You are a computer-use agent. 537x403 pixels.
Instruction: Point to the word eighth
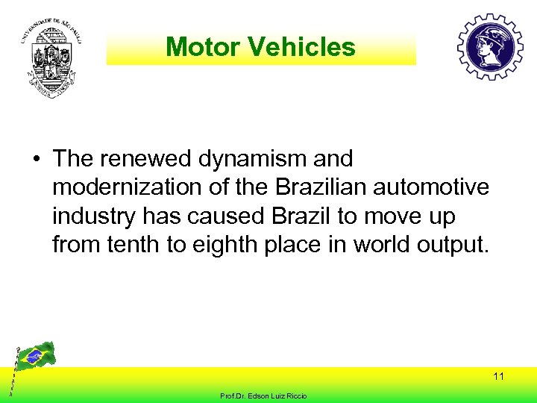(x=227, y=244)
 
